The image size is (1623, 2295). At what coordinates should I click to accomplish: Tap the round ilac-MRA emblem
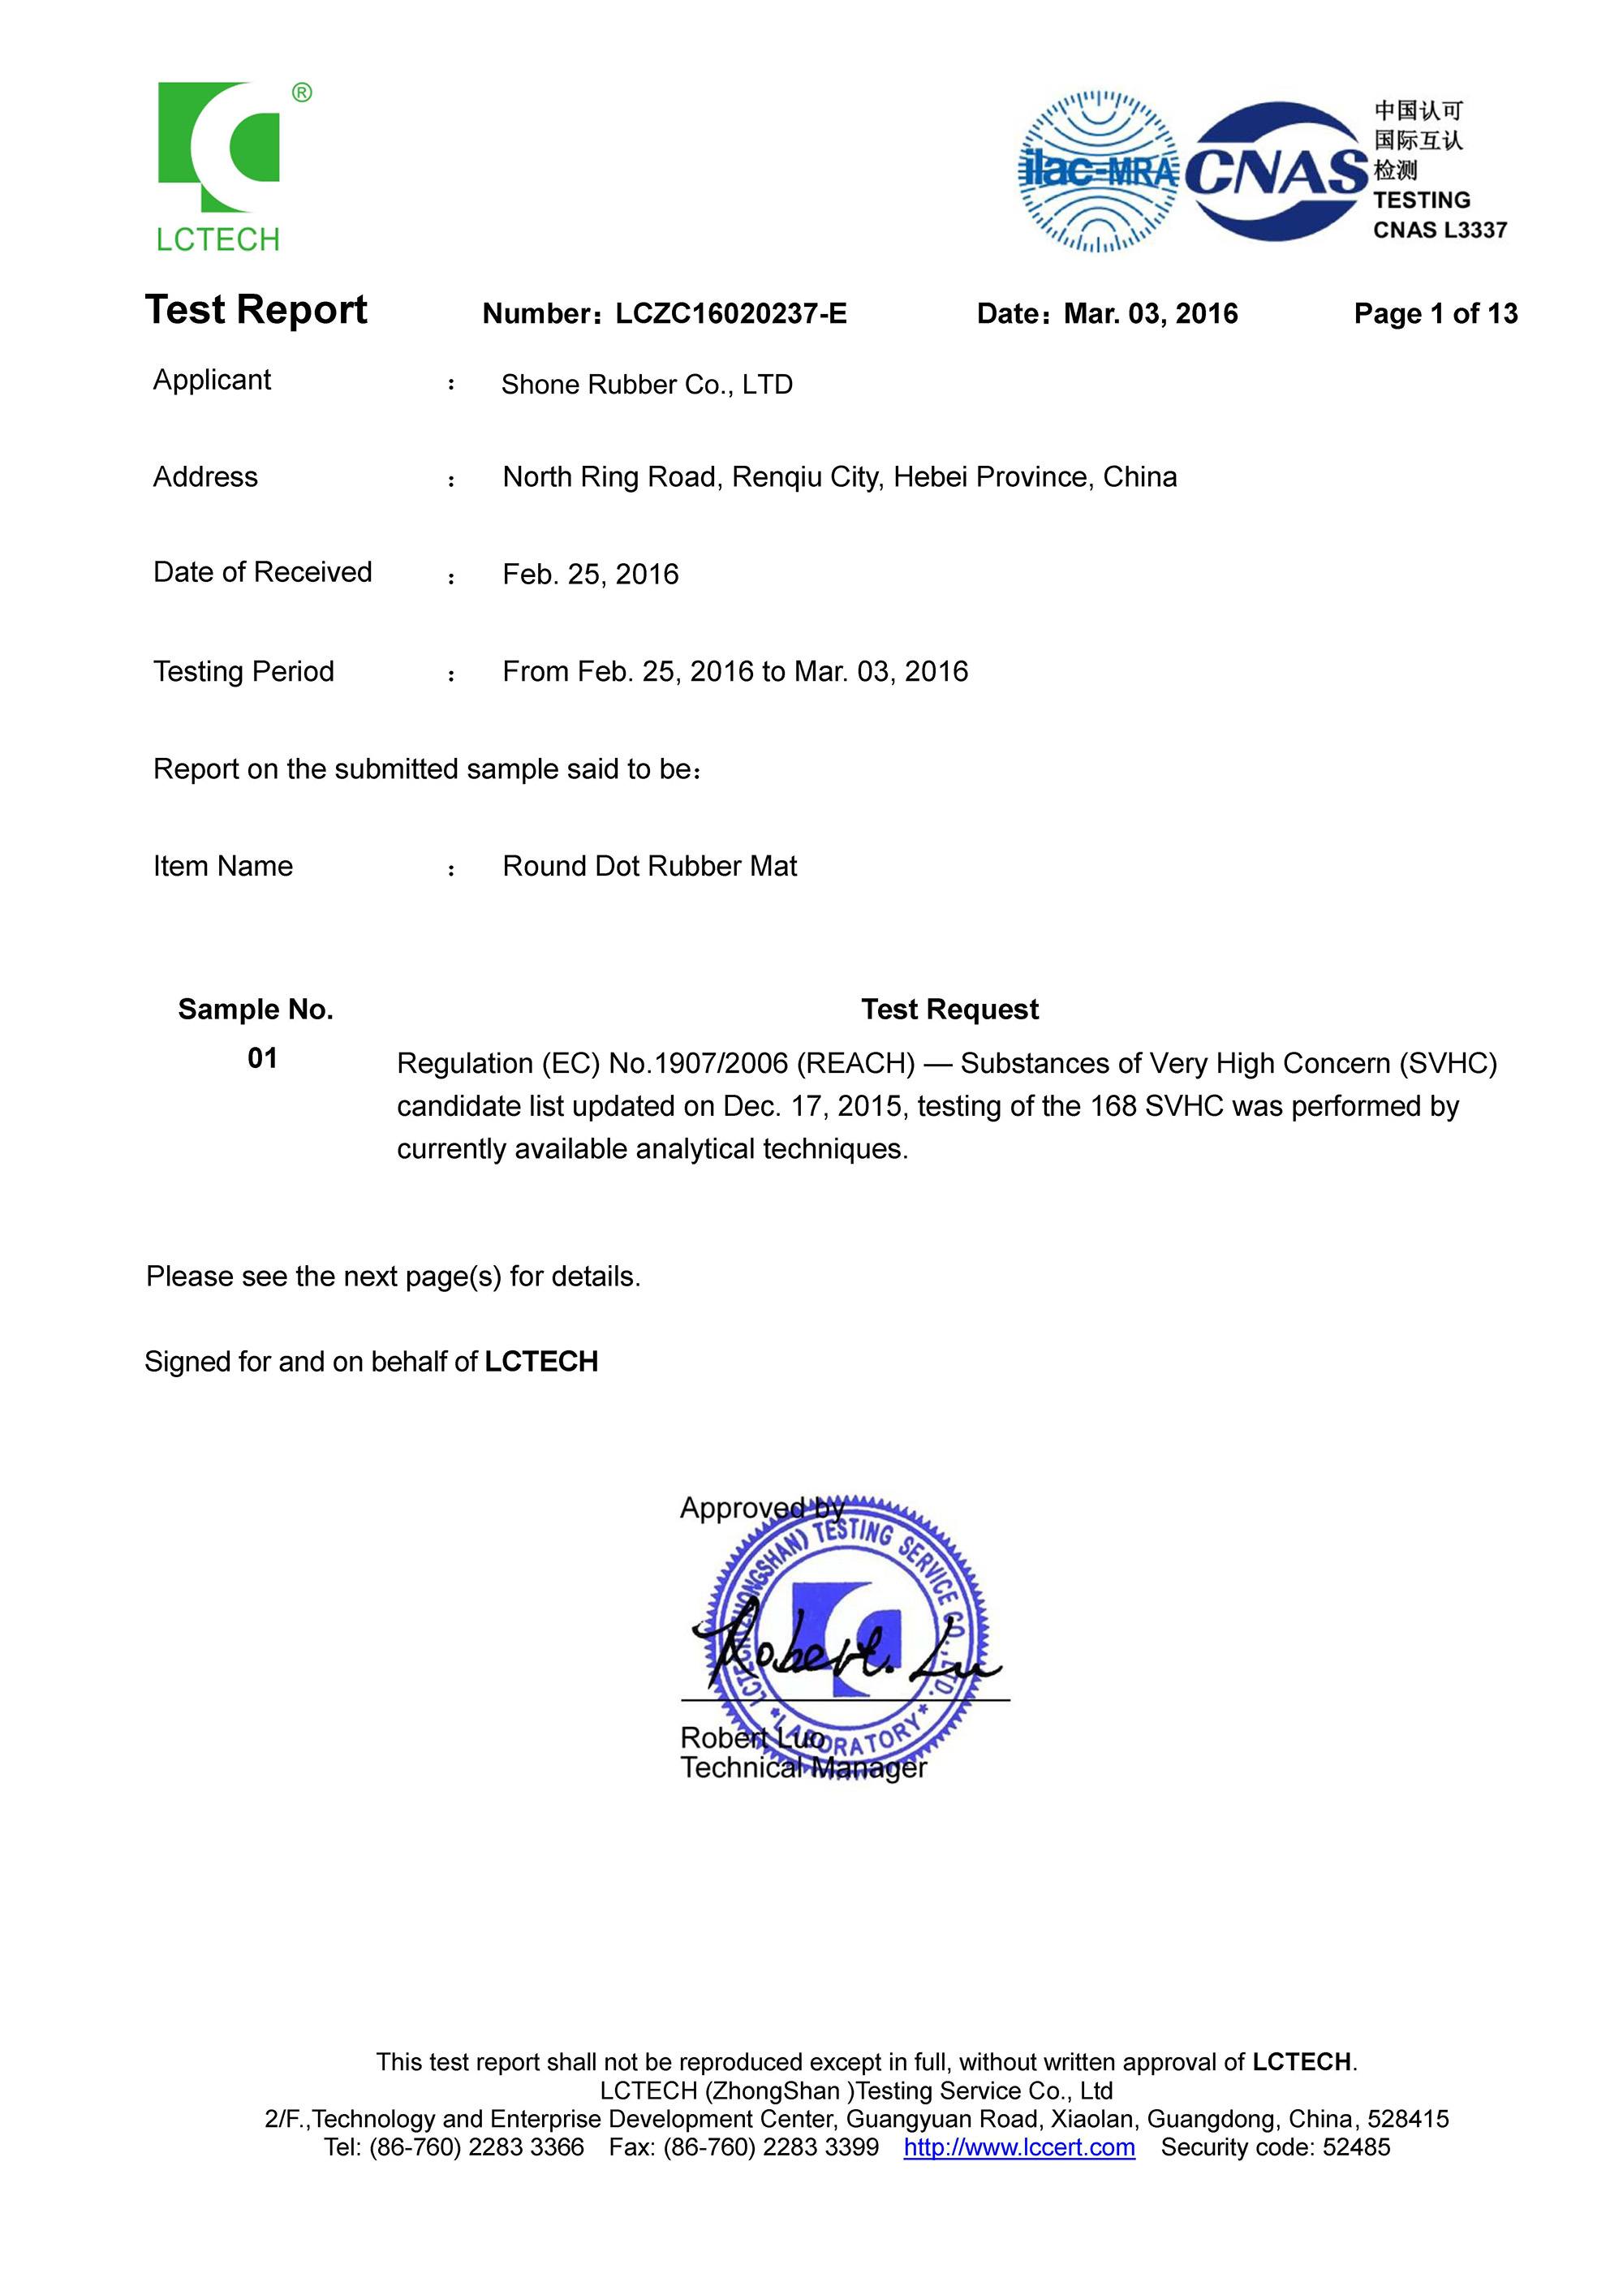coord(1097,172)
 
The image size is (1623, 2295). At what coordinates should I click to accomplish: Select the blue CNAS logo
coord(1276,172)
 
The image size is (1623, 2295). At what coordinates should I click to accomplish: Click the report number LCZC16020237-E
coord(730,314)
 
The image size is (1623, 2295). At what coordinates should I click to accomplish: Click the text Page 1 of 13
coord(1434,314)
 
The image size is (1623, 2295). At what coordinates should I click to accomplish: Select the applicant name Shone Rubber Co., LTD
coord(647,385)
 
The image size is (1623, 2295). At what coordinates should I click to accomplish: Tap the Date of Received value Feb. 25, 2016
coord(590,575)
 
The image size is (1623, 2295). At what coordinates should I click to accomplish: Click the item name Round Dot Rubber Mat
coord(649,867)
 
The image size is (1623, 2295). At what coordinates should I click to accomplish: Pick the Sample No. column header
coord(255,1010)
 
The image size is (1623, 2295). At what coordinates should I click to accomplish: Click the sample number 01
coord(262,1058)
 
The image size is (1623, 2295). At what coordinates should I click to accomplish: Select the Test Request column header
coord(949,1010)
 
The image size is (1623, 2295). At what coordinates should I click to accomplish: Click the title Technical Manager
coord(803,1768)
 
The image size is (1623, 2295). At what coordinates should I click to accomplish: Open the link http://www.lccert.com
coord(1018,2148)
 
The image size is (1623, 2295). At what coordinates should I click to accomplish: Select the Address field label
coord(204,478)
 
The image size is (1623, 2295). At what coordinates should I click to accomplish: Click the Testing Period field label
coord(243,672)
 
